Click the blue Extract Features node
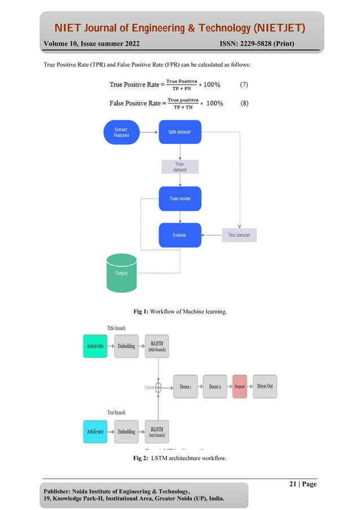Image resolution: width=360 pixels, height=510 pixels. coord(121,132)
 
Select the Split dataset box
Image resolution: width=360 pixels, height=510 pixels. coord(179,132)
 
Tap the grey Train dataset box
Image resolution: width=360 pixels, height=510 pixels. coord(179,167)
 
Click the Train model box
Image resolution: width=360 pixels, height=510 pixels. coord(179,199)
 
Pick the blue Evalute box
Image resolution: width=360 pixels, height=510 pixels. coord(179,235)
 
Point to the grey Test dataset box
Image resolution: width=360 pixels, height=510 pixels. coord(239,235)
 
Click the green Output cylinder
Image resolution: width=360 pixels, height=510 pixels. coord(121,273)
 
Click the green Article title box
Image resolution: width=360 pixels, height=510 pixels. coord(95,346)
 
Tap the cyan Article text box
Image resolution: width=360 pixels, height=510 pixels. coord(95,431)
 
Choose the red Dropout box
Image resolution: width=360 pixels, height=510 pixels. coord(239,386)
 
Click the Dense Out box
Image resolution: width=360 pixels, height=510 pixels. coord(265,386)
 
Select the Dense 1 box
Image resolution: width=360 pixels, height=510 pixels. coord(185,386)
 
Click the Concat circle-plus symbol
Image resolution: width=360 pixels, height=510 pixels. coord(159,387)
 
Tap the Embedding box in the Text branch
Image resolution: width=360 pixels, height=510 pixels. coord(126,431)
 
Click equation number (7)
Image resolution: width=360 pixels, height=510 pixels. coord(243,85)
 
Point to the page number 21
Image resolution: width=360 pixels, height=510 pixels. coord(293,484)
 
